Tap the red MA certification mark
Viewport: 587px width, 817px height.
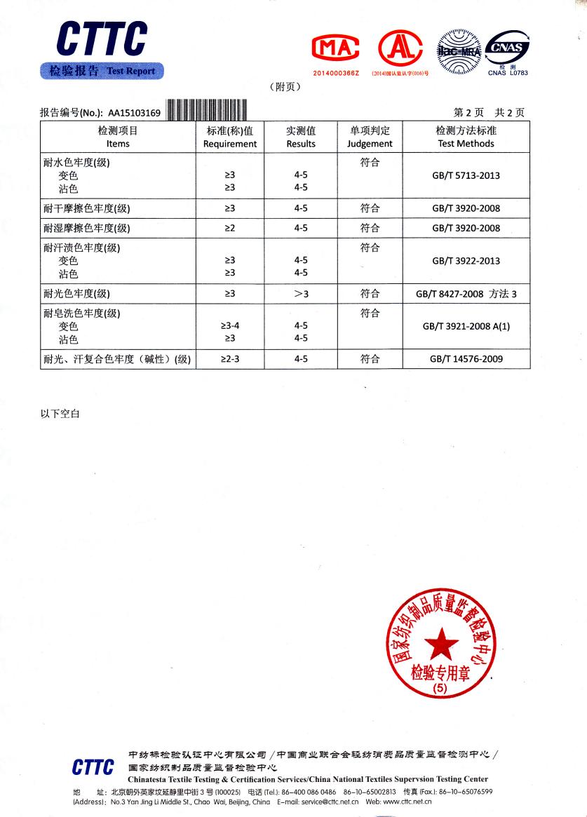click(335, 47)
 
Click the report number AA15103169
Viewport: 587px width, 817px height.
click(134, 112)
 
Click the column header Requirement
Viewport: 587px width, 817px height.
click(230, 144)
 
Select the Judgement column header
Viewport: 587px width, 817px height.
click(370, 144)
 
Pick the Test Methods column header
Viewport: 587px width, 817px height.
click(466, 144)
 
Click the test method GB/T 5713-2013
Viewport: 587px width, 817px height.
click(466, 175)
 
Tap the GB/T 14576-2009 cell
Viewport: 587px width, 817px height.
click(466, 359)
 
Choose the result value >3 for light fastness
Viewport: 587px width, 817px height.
click(301, 294)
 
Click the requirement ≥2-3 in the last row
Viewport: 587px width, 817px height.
click(230, 359)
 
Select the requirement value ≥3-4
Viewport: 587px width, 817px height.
click(230, 326)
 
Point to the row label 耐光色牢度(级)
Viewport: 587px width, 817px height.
click(76, 294)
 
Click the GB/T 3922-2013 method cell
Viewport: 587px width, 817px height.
click(466, 261)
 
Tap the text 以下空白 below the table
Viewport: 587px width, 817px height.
click(60, 414)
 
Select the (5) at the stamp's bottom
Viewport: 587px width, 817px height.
click(440, 689)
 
